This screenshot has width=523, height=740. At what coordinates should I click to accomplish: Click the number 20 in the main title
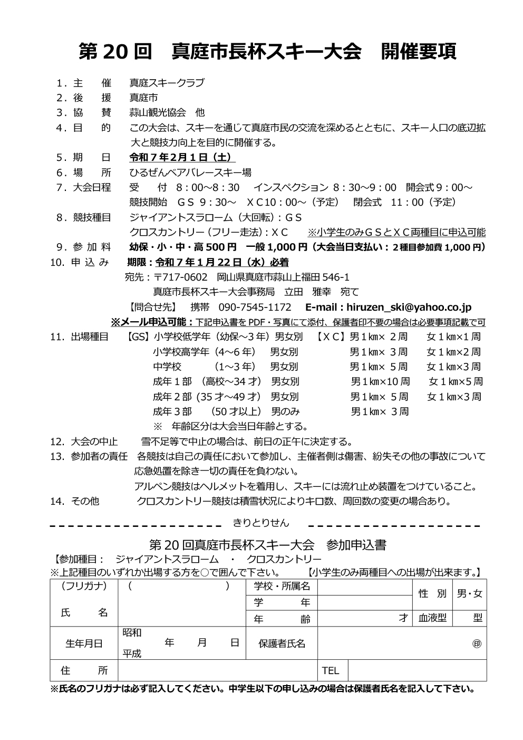click(114, 51)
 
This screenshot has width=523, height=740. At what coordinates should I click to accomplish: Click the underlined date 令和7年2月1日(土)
click(182, 157)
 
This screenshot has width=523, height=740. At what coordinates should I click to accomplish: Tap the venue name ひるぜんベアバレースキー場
click(190, 172)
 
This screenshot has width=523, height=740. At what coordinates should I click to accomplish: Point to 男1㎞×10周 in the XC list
click(380, 381)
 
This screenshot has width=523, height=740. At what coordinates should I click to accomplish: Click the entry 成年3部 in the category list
click(172, 411)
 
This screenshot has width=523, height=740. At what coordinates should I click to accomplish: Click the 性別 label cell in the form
click(432, 594)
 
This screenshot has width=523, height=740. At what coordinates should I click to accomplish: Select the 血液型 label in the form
click(432, 618)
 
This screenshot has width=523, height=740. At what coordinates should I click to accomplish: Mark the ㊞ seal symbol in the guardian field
click(477, 643)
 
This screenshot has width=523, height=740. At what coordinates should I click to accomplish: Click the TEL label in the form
click(331, 670)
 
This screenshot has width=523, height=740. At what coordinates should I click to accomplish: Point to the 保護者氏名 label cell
click(282, 643)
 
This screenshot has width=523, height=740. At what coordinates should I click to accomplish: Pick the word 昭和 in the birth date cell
click(132, 632)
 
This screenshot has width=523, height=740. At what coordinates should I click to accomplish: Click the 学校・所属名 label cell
click(282, 586)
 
